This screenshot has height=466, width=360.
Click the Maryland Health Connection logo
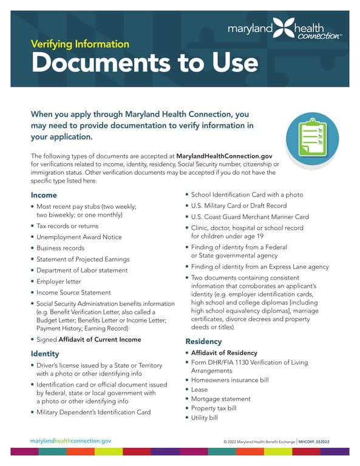[x=284, y=29]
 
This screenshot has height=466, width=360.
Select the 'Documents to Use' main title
[x=144, y=62]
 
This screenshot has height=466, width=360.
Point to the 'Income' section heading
[x=44, y=195]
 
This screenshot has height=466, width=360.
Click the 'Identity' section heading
[x=45, y=353]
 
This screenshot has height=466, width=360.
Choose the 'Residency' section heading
[x=203, y=342]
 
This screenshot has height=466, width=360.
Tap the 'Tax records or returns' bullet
[x=69, y=226]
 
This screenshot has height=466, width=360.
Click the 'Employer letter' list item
[x=59, y=281]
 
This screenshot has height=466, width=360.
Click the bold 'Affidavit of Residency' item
[x=224, y=353]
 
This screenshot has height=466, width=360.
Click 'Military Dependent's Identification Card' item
[x=93, y=412]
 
